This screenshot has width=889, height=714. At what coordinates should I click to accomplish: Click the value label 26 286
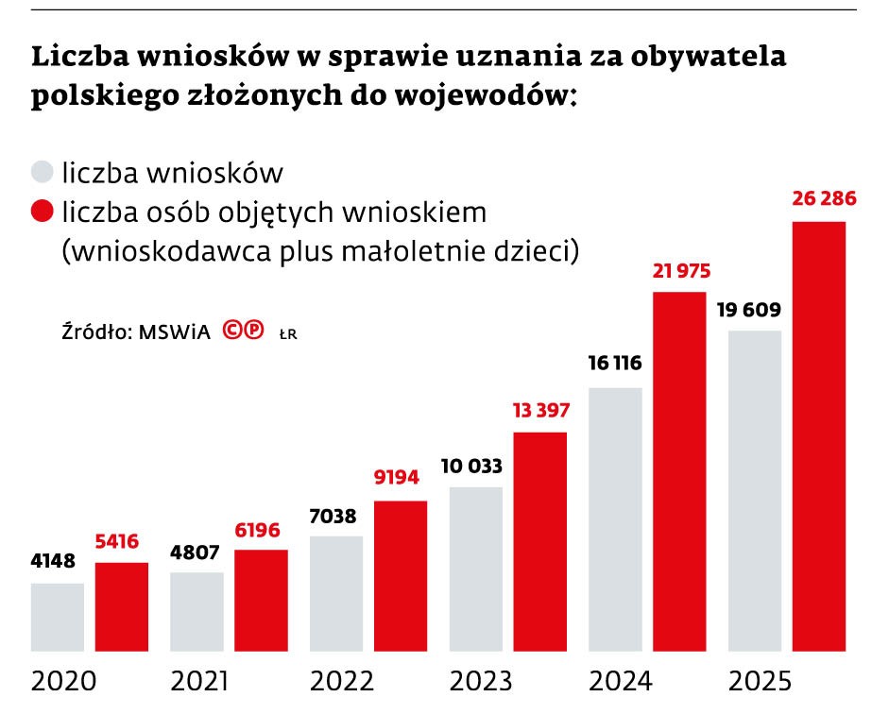[819, 199]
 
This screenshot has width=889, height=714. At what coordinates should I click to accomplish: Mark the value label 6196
[261, 530]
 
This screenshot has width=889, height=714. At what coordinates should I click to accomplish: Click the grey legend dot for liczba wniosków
[42, 173]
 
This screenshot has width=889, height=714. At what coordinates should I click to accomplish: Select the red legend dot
[42, 212]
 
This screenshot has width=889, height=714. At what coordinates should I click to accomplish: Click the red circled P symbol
[253, 331]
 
